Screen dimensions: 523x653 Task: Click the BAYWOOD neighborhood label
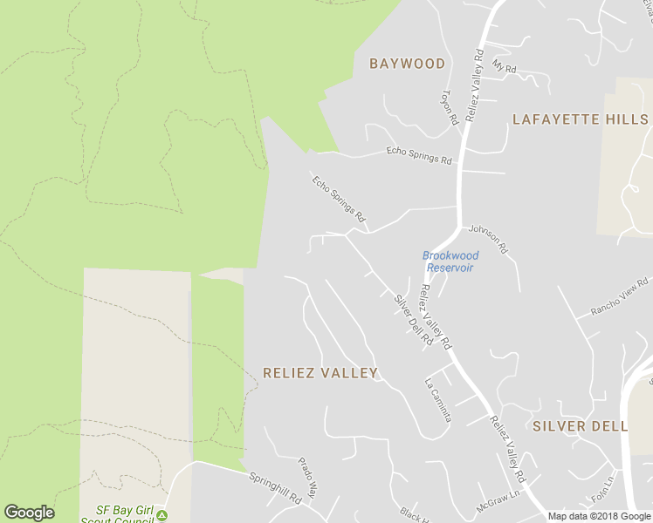pos(407,64)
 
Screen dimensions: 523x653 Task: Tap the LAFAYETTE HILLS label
pos(581,119)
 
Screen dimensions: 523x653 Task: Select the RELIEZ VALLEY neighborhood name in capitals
pos(320,373)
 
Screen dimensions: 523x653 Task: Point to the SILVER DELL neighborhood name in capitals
pos(581,426)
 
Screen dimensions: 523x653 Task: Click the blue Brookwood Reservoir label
pos(450,261)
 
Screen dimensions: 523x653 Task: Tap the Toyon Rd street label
pos(450,107)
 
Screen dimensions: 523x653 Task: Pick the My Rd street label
pos(505,66)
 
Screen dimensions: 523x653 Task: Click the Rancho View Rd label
pos(620,296)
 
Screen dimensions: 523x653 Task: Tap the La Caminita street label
pos(437,399)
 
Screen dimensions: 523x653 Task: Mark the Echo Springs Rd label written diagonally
pos(338,198)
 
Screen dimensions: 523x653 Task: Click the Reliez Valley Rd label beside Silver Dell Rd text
pos(436,316)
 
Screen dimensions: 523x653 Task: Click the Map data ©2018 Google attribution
pos(600,516)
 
